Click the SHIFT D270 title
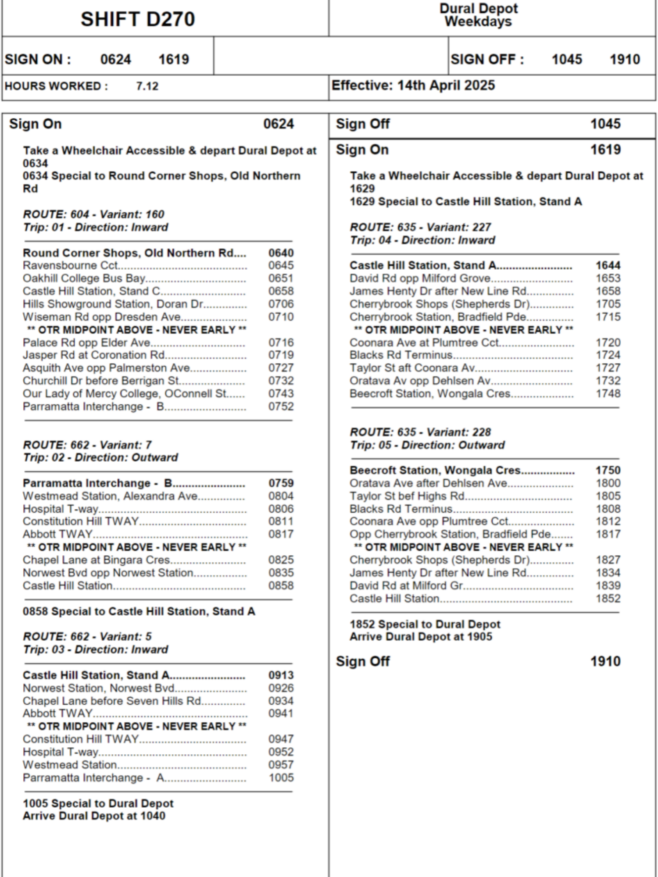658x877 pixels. coord(137,19)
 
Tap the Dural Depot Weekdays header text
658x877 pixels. coord(478,15)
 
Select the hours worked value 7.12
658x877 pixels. coord(147,86)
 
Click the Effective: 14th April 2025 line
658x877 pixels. coord(413,85)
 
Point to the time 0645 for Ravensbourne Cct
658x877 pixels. coord(281,266)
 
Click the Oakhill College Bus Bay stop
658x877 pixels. coord(84,278)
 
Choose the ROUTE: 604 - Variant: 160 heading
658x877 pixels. coord(93,214)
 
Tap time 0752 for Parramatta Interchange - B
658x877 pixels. coord(281,406)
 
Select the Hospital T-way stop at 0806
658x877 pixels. coord(61,509)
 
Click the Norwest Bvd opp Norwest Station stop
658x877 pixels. coord(108,573)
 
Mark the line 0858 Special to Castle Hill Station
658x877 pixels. coord(139,612)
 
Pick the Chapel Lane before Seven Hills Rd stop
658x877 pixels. coord(112,701)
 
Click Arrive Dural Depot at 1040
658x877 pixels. coord(94,816)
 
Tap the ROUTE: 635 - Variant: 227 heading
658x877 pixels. coord(420,228)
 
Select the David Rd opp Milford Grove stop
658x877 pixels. coord(420,278)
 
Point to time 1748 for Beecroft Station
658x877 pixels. coord(608,394)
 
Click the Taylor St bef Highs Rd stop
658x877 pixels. coord(407,496)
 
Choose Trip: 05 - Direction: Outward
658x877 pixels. coord(427,445)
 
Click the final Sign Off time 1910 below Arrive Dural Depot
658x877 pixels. coord(605,661)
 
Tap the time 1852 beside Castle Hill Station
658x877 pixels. coord(608,599)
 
